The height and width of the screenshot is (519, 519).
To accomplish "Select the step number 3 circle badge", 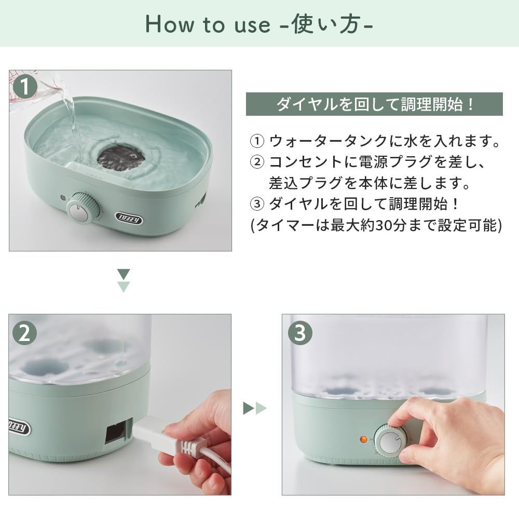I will click(300, 334).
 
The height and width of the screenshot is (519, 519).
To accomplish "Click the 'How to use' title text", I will click(259, 24).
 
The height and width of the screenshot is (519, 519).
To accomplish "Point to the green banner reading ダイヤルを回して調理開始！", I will click(374, 104).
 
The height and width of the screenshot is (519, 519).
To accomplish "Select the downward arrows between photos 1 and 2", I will click(124, 280).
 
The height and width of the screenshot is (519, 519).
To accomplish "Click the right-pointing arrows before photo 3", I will click(255, 408).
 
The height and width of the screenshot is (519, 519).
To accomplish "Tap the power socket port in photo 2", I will click(115, 431).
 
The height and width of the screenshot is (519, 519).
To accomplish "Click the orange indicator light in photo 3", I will click(363, 439).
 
